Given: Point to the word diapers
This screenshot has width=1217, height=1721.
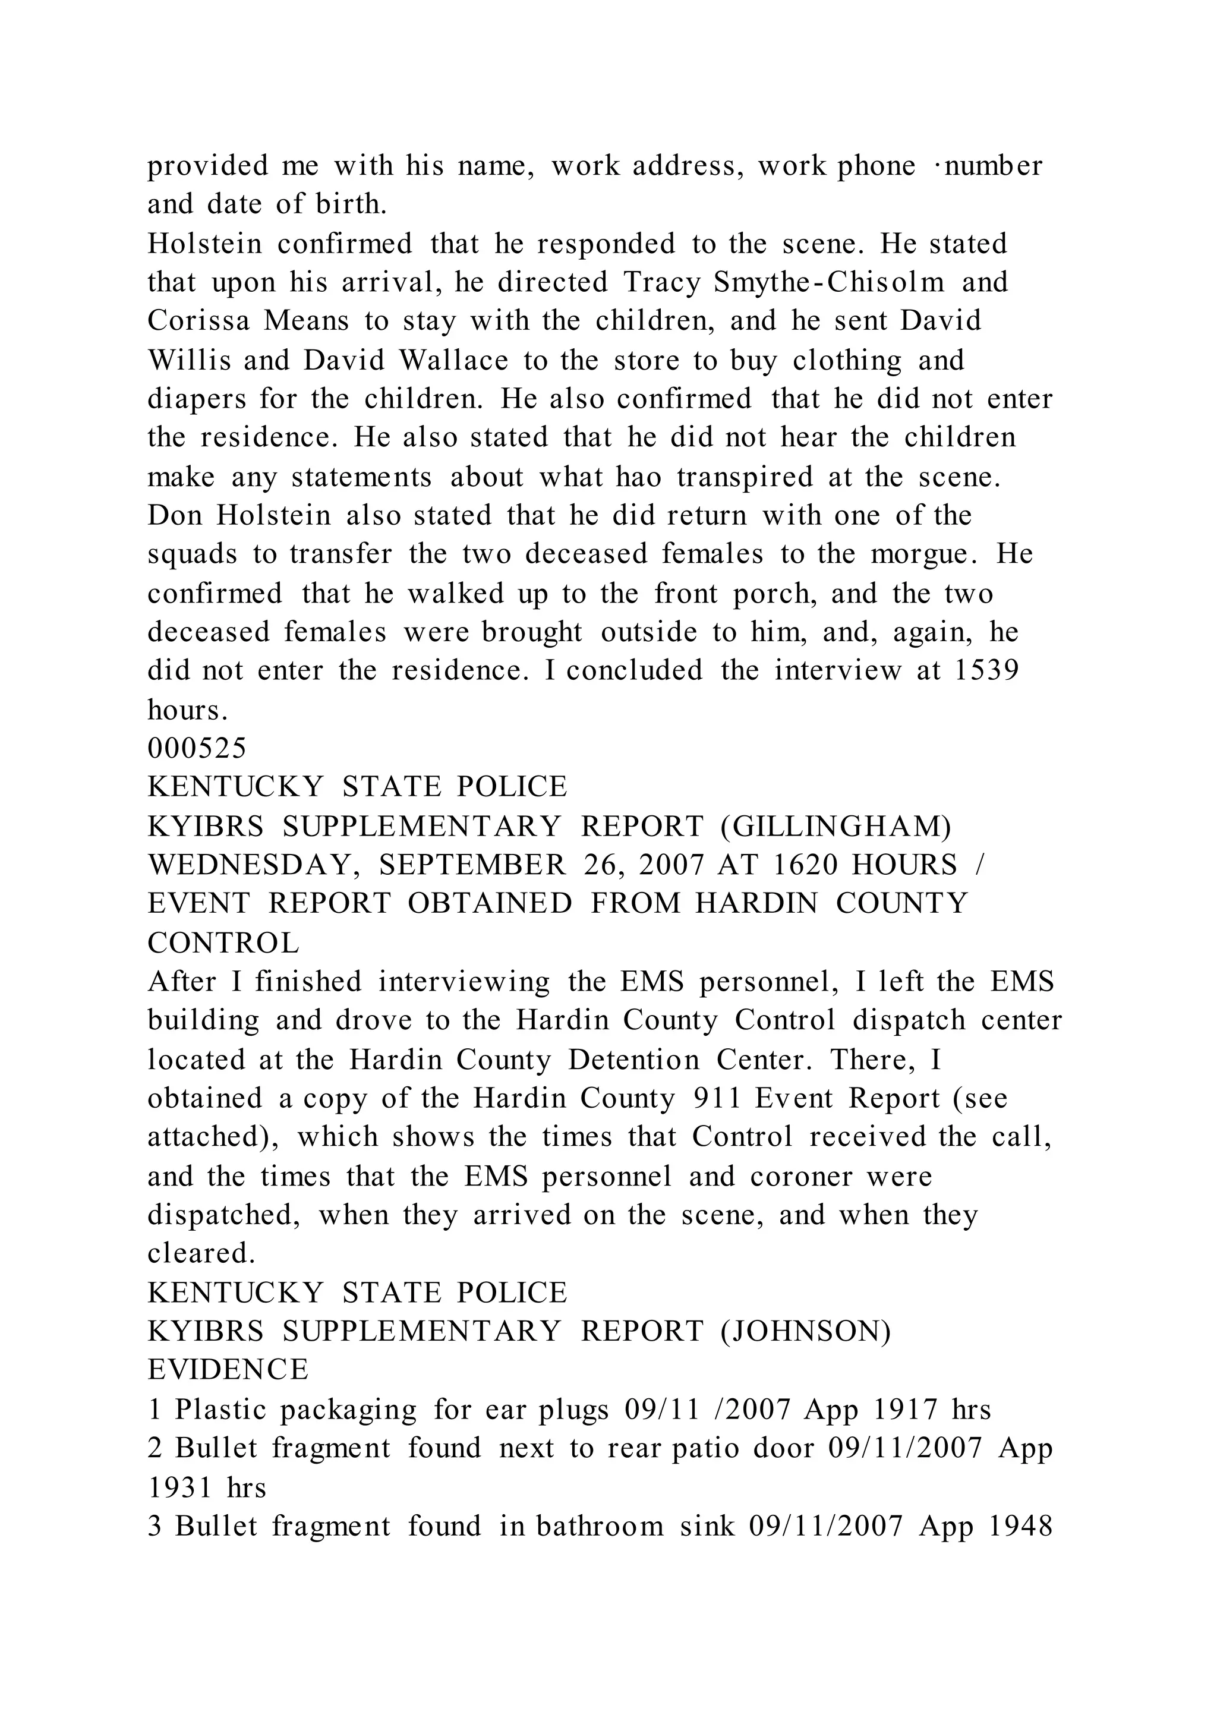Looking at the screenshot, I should coord(196,399).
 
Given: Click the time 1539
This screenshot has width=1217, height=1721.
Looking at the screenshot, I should coord(986,670).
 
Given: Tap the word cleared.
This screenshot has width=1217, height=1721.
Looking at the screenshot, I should coord(201,1253).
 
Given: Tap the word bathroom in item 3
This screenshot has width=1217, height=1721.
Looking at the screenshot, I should coord(600,1526).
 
